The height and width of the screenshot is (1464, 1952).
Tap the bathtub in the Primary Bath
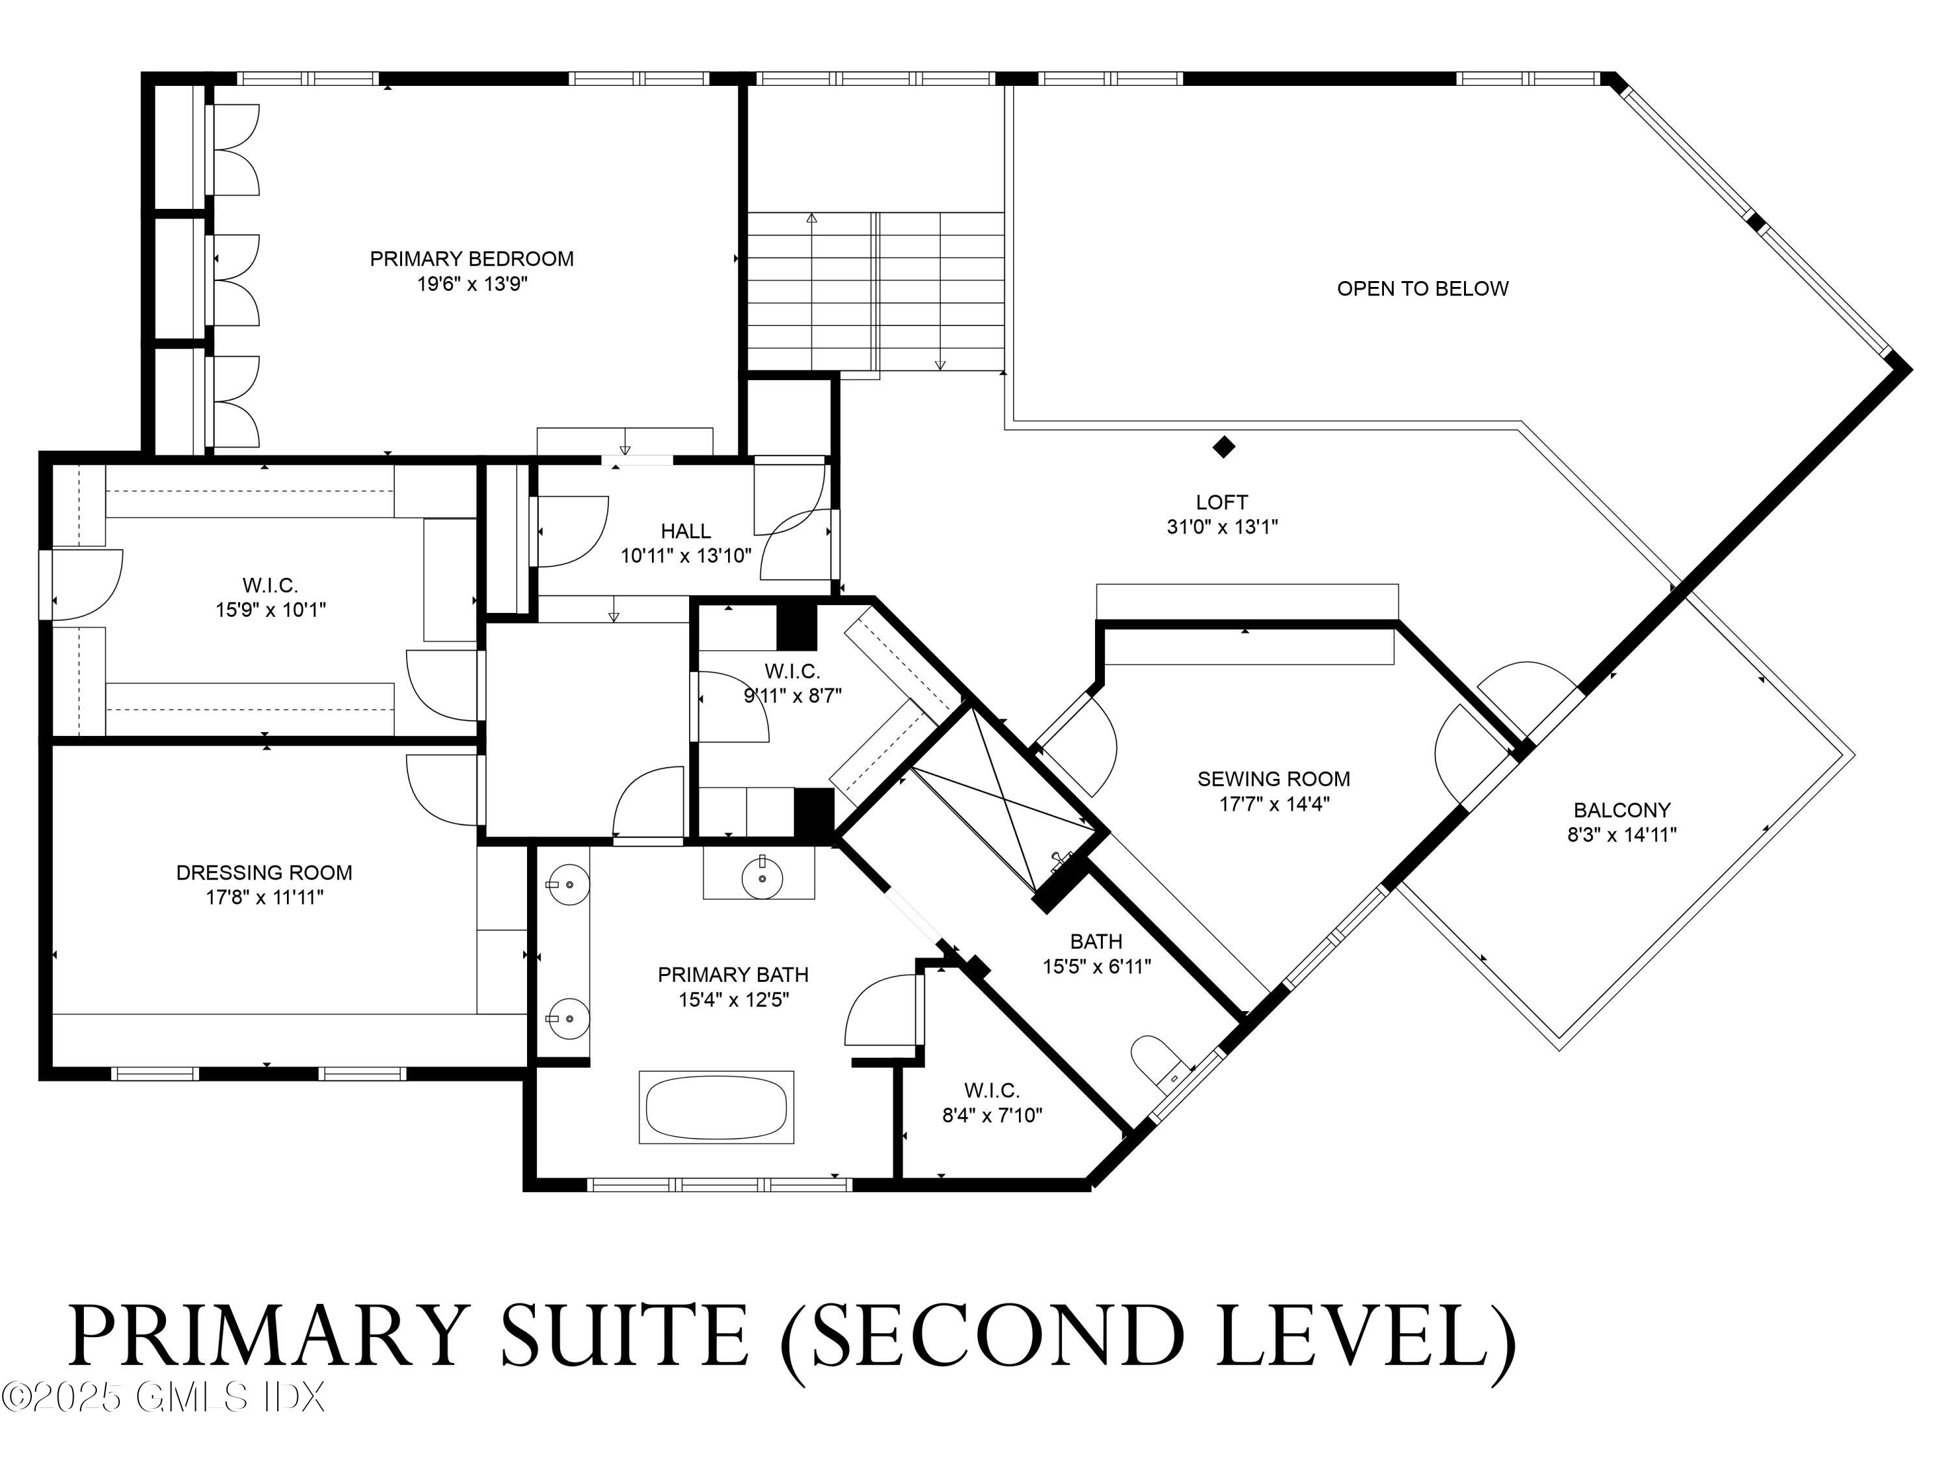(x=716, y=1107)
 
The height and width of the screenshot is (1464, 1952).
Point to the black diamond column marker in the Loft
(x=1223, y=448)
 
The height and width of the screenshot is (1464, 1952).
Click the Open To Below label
(x=1422, y=288)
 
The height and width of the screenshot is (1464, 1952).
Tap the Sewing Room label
(x=1273, y=779)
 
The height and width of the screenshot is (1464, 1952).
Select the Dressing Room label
(x=264, y=873)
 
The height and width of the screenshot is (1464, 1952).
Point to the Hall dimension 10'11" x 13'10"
(x=686, y=556)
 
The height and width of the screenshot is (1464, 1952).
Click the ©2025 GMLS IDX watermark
(x=163, y=1397)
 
